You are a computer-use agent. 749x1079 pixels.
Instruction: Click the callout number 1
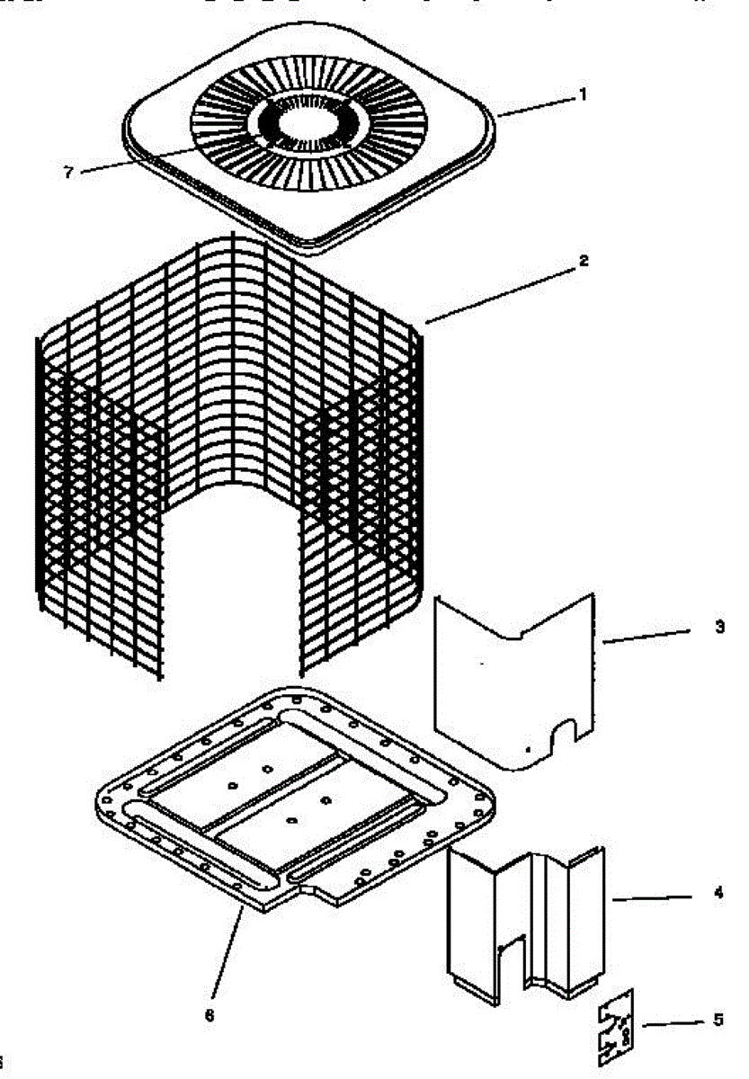click(582, 94)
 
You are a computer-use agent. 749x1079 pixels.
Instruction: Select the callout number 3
click(718, 627)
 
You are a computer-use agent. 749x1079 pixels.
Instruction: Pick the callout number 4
click(718, 894)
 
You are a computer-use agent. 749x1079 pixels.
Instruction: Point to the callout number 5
click(718, 1020)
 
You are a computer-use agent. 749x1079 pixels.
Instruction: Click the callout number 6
click(210, 1016)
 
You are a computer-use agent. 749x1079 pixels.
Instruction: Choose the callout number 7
click(68, 172)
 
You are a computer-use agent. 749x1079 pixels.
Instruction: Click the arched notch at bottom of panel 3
click(564, 733)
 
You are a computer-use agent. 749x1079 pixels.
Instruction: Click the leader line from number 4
click(656, 897)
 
